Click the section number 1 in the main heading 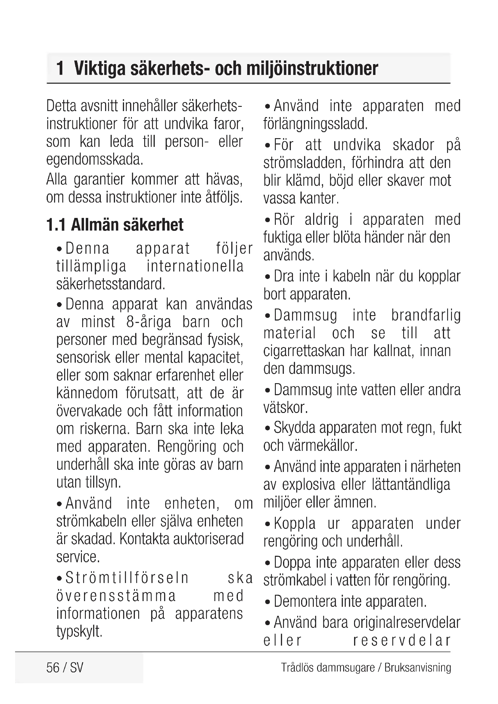tap(60, 68)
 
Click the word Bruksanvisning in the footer tap(418, 668)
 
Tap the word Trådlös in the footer tap(297, 668)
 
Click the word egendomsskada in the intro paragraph tap(95, 160)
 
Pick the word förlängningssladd tap(315, 124)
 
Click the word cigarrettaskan tap(304, 351)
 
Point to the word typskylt tap(79, 631)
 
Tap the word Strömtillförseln tap(127, 578)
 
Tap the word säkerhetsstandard tap(111, 284)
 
